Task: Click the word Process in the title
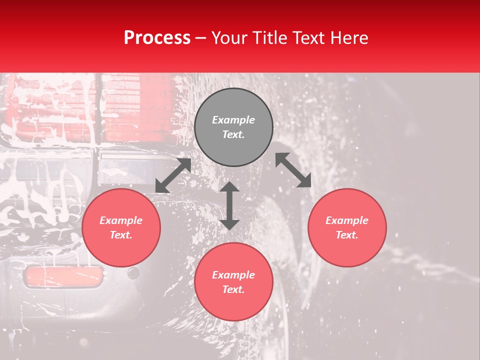[157, 38]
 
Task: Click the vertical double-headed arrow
[229, 205]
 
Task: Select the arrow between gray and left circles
[173, 175]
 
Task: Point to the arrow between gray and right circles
[293, 170]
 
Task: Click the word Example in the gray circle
[233, 120]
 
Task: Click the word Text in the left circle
[121, 235]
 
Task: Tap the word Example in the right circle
[347, 220]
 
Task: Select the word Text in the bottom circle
[233, 289]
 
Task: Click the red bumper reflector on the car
[63, 276]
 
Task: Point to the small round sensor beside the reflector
[133, 273]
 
